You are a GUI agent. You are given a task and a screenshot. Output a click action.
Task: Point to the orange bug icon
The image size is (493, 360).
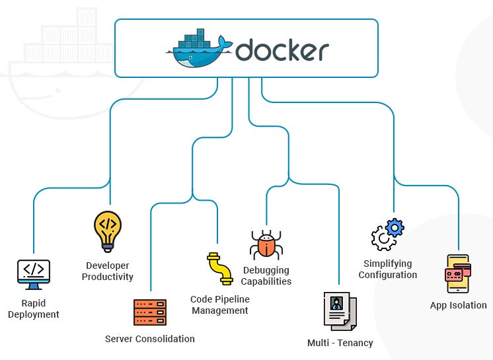click(x=266, y=245)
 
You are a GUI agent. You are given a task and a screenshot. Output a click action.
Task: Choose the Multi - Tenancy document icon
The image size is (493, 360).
click(x=340, y=310)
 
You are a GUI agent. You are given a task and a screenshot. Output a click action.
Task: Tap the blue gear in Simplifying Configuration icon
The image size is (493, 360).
click(x=395, y=228)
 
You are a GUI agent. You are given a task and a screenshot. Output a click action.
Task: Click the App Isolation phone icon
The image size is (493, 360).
click(x=457, y=273)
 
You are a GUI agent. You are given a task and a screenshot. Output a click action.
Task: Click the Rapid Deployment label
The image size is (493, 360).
click(x=34, y=309)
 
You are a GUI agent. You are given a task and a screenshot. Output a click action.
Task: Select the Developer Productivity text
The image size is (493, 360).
click(x=108, y=271)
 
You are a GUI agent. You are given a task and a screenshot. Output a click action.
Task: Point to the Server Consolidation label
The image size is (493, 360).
click(x=150, y=339)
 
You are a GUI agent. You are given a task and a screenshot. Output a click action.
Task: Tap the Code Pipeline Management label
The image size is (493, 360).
click(x=220, y=305)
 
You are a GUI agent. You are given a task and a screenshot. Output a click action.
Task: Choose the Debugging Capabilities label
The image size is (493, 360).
click(x=266, y=275)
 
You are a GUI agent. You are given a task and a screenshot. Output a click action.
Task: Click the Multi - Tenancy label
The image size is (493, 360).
click(x=340, y=343)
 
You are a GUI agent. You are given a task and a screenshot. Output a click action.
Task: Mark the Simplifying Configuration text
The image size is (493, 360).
click(x=388, y=269)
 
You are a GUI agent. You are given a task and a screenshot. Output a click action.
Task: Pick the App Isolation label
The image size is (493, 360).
click(x=458, y=305)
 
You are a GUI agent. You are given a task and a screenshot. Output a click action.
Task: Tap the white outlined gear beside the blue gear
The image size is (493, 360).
click(x=383, y=238)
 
